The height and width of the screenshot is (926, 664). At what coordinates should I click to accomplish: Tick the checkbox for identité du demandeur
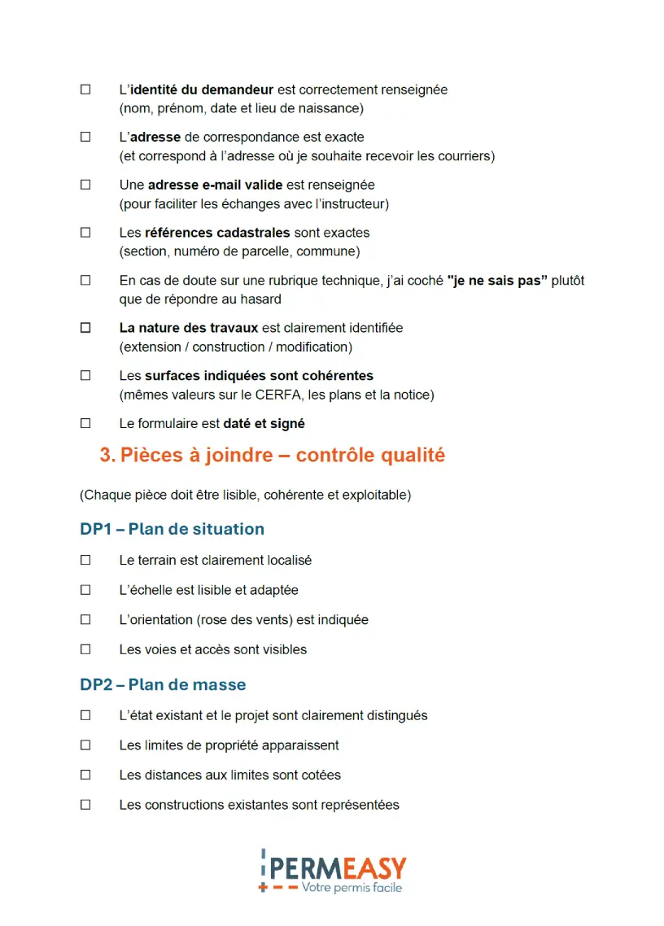tap(85, 90)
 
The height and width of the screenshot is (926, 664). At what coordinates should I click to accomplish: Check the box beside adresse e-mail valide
tap(85, 185)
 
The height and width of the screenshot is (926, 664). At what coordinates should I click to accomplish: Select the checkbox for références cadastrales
tap(85, 233)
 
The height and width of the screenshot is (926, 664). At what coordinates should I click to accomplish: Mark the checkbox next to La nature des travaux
tap(85, 328)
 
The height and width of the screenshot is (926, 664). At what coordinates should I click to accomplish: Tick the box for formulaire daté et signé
tap(85, 423)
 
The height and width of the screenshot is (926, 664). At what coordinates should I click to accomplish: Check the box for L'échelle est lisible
tap(85, 590)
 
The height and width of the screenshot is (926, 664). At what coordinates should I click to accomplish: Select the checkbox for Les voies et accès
tap(85, 649)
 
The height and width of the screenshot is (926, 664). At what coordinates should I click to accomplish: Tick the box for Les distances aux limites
tap(85, 775)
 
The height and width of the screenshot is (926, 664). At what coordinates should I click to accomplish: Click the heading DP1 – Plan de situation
tap(172, 529)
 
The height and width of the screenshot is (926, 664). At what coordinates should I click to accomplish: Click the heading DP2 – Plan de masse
tap(163, 684)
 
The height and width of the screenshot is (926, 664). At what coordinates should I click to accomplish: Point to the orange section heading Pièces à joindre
tap(272, 455)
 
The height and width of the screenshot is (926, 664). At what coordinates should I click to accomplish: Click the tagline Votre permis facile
tap(352, 888)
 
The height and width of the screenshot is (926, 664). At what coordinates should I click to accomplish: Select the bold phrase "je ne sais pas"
tap(497, 281)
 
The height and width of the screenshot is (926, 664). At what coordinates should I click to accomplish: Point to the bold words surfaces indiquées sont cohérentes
tap(259, 376)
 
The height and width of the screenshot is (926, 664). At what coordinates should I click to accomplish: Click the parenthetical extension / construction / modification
tap(236, 347)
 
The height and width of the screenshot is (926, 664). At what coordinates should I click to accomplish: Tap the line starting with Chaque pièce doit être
tap(245, 495)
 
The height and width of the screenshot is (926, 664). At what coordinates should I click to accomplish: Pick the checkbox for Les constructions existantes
tap(85, 805)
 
